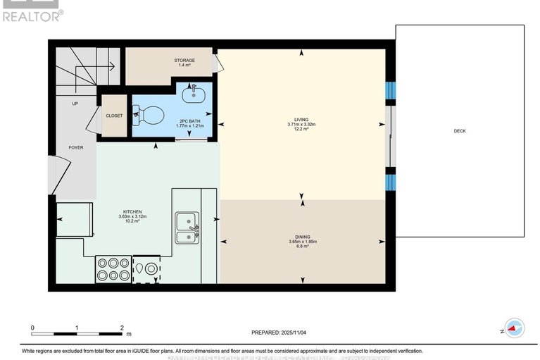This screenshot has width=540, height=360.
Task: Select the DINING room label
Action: (303, 237)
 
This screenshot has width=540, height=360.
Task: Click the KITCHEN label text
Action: (133, 211)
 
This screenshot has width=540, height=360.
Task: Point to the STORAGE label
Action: (184, 61)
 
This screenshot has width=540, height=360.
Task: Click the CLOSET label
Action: (113, 116)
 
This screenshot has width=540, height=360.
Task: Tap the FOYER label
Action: (75, 147)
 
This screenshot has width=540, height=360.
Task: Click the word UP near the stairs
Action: (75, 104)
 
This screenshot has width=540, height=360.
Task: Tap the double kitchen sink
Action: (186, 227)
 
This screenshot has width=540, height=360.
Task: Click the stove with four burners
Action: (113, 269)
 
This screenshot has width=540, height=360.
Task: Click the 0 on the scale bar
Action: (32, 328)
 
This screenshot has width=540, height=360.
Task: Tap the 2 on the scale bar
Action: (122, 328)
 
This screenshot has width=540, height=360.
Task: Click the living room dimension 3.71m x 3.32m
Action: (301, 125)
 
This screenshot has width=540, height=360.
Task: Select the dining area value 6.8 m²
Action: (303, 247)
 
